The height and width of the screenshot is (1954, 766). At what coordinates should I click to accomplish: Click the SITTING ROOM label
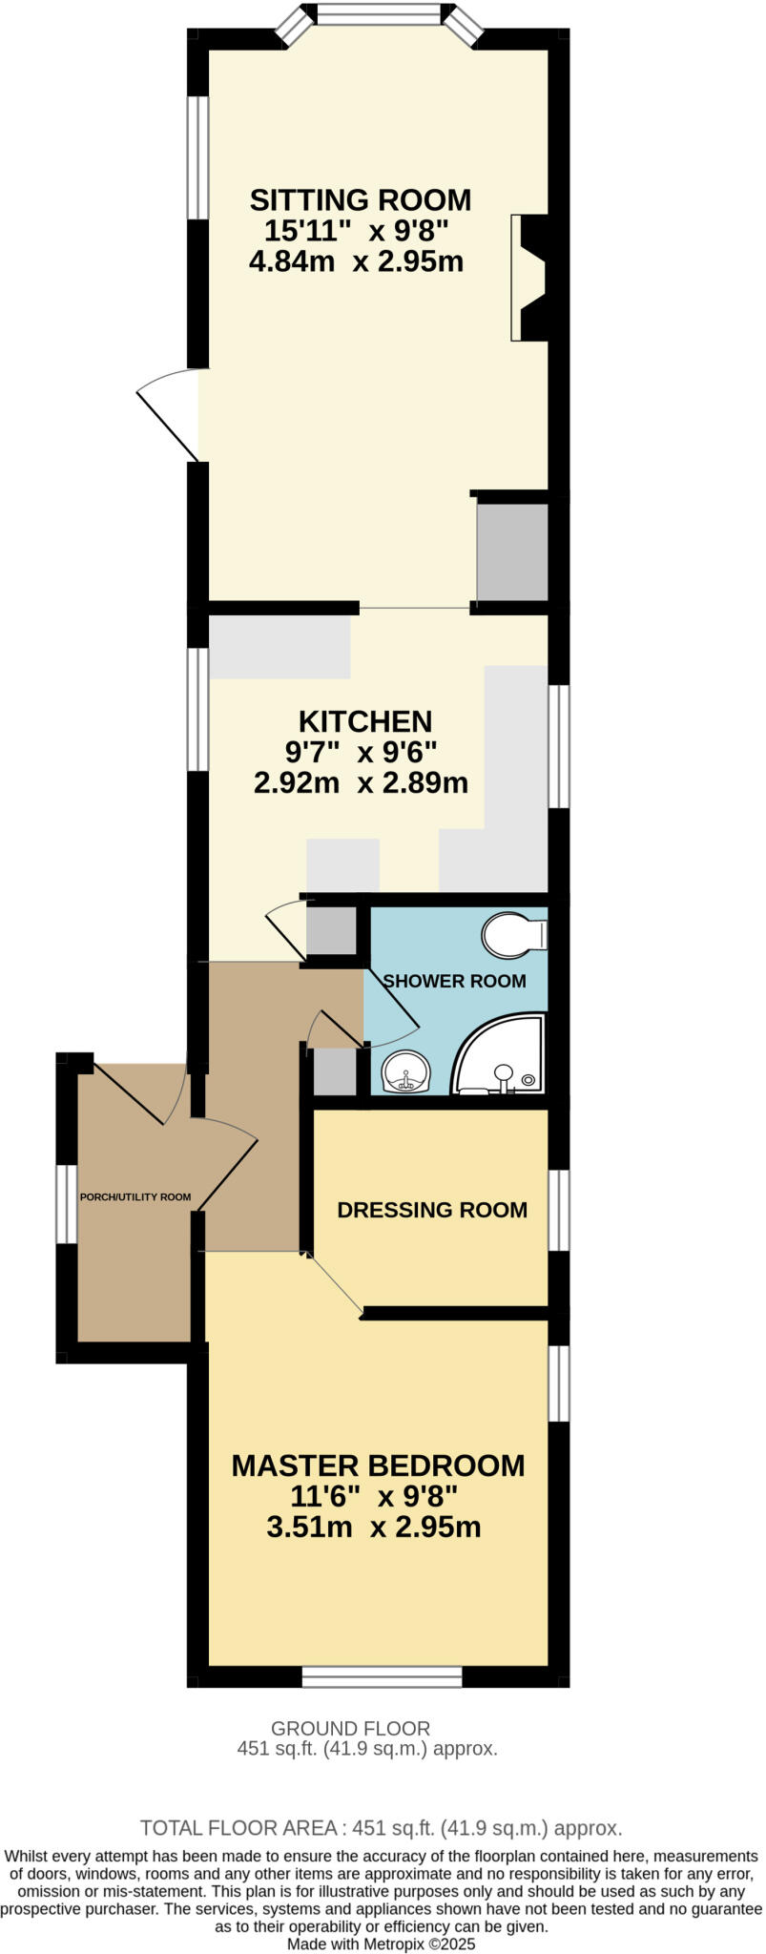pos(361,200)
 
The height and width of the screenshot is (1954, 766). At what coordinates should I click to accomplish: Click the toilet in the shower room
pos(512,935)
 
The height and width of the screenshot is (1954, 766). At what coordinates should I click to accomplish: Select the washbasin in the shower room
pos(406,1072)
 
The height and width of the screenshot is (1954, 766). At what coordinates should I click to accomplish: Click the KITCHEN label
pos(365,721)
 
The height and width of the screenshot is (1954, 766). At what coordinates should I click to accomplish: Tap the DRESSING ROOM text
pos(432,1210)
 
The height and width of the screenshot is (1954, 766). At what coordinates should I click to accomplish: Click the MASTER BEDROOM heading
pos(378,1465)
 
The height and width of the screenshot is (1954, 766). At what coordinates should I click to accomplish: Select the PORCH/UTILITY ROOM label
pos(135,1197)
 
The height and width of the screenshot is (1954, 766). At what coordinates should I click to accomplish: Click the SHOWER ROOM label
pos(454,981)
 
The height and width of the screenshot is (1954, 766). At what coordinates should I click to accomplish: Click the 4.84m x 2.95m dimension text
pos(356,261)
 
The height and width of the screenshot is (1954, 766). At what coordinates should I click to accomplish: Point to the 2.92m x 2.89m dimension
pos(361,783)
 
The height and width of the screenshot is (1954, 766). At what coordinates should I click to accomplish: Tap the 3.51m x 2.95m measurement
pos(374,1528)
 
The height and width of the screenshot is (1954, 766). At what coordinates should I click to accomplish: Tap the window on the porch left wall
pos(66,1204)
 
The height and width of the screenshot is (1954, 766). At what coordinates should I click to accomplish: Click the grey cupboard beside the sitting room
pos(512,552)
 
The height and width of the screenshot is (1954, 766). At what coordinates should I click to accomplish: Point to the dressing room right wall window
pos(558,1210)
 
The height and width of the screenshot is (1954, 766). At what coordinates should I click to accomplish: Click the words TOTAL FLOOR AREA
pos(238,1828)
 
